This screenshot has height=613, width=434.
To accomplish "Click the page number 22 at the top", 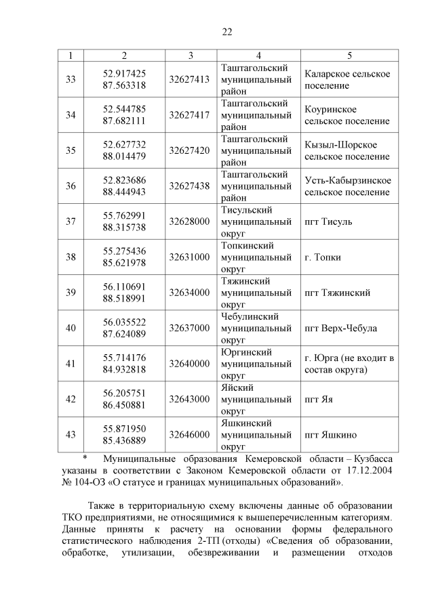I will coord(227,32).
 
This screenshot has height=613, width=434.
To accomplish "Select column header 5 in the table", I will coord(349,55).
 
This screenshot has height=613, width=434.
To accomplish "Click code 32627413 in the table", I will coord(189,80).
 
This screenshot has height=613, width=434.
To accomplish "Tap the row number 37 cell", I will coord(71,221).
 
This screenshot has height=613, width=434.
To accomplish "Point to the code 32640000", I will coord(189,364).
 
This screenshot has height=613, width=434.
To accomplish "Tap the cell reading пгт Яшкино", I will coord(331,435).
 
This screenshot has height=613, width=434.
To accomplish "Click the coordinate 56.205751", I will coord(124,393).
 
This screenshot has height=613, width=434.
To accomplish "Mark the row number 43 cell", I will coord(71,435).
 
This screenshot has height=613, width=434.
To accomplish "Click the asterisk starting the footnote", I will coord(85,458).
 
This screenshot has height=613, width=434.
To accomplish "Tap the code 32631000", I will coord(189,258).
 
